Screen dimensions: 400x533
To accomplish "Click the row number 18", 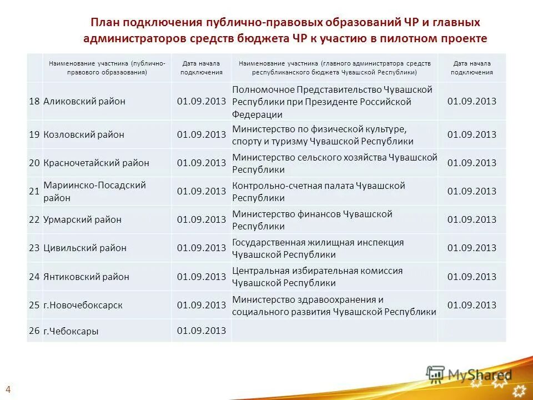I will click(34, 101).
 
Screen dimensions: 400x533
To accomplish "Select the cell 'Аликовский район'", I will click(84, 101).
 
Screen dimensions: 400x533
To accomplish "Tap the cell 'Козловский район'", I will click(84, 134).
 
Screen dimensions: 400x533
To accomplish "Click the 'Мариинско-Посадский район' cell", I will click(94, 191).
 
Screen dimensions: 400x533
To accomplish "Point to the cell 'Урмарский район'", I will click(82, 219).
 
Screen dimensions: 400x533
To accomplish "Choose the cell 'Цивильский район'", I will click(85, 248).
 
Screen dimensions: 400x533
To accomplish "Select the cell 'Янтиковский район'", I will click(86, 277).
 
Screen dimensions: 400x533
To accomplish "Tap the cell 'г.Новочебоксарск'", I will click(83, 305).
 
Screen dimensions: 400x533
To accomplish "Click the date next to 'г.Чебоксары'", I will click(201, 331).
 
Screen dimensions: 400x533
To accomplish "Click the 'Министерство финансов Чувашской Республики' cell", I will click(312, 220).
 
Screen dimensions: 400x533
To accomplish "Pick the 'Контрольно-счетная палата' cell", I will click(318, 191).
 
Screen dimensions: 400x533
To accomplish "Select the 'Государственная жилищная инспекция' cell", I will click(318, 248).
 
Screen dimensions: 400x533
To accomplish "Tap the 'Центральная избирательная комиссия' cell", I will click(317, 277).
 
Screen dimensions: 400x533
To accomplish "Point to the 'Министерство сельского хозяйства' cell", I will click(334, 163).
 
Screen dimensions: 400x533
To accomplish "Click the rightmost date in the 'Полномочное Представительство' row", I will click(471, 101).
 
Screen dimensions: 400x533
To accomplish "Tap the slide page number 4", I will click(8, 388).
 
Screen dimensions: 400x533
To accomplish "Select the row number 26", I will click(34, 331).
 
